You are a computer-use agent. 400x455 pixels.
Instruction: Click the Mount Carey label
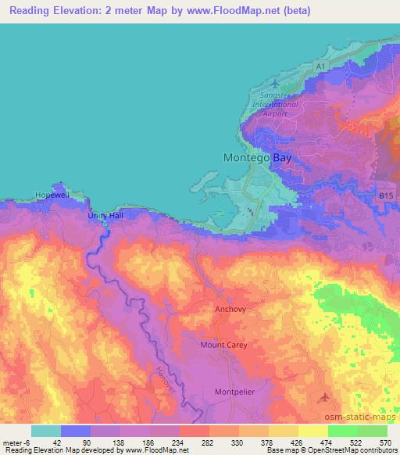point(224,345)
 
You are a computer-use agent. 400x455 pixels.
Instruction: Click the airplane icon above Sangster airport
point(273,83)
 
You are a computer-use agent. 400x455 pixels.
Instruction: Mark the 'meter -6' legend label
point(13,442)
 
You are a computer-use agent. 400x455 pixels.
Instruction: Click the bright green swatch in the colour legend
point(343,431)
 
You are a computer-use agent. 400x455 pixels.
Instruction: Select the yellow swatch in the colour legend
point(284,431)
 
